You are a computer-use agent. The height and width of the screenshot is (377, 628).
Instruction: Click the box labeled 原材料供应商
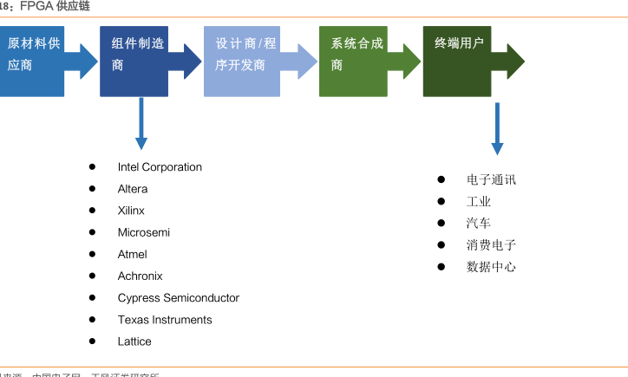click(x=32, y=61)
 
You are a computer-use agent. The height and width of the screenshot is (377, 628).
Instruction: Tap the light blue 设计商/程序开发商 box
click(x=242, y=61)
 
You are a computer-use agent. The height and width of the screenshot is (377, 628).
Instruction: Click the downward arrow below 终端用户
click(x=497, y=128)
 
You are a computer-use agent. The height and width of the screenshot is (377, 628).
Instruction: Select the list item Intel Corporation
click(x=160, y=167)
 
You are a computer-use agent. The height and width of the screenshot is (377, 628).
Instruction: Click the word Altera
click(x=133, y=189)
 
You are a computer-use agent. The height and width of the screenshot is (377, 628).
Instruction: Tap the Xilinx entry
click(x=131, y=211)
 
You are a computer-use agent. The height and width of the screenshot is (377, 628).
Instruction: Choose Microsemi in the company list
click(x=144, y=232)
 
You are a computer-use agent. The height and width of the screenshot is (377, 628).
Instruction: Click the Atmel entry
click(x=133, y=254)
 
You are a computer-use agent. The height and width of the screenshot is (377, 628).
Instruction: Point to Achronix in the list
click(x=140, y=276)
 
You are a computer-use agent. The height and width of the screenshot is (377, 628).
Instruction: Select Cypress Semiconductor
click(x=179, y=298)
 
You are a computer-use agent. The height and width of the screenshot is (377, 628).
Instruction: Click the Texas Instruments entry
click(x=165, y=320)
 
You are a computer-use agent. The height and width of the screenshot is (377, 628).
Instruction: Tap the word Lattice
click(x=134, y=341)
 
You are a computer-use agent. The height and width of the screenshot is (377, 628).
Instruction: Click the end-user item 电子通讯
click(x=491, y=180)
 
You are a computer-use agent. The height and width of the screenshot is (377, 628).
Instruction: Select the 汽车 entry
click(x=479, y=224)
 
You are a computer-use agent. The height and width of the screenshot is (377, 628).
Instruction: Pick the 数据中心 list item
click(x=491, y=267)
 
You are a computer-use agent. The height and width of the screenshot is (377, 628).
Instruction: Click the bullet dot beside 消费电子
click(x=441, y=245)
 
